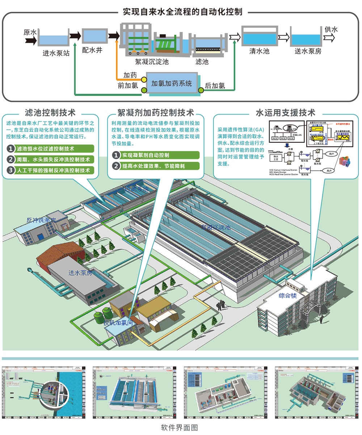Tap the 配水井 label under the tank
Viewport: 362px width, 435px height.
[92, 50]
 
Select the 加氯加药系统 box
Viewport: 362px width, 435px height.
[172, 84]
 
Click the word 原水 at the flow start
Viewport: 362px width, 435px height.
[30, 32]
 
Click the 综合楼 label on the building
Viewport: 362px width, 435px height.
[288, 296]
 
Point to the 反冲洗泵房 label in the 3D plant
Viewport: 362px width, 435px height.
[41, 220]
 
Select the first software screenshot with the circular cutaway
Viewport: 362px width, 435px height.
[44, 391]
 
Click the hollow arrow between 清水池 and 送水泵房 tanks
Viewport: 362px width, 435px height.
[283, 37]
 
